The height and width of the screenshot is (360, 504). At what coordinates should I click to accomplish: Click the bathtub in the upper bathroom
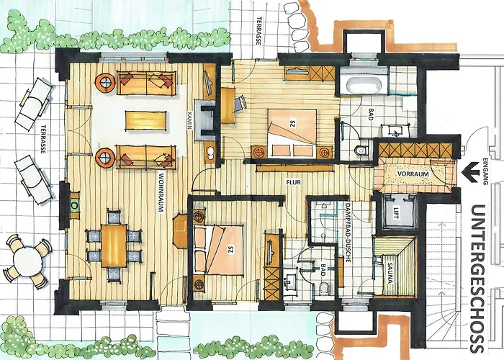[x=364, y=83]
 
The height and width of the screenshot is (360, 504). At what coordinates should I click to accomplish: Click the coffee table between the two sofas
[x=146, y=120]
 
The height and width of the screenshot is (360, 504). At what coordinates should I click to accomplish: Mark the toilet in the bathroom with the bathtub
[x=362, y=150]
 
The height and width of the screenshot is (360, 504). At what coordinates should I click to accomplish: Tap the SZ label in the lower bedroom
[x=230, y=250]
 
